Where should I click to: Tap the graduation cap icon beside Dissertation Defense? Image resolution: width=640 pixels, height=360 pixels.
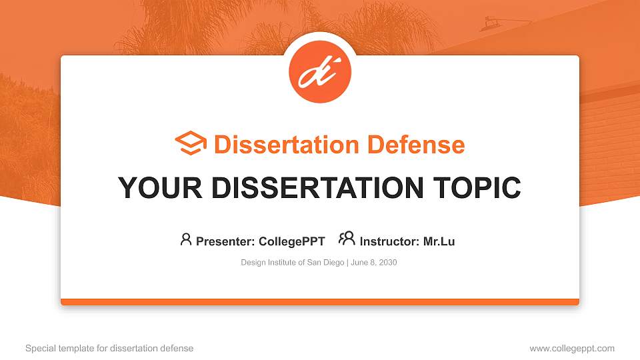coord(191,144)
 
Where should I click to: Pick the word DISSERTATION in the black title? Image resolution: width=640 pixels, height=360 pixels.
coord(307,188)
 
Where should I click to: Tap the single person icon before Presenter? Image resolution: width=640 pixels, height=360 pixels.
coord(186,239)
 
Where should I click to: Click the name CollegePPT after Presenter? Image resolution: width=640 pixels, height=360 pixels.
coord(292,241)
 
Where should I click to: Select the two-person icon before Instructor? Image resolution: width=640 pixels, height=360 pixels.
coord(347,239)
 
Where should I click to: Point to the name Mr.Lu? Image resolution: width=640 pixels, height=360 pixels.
coord(439,241)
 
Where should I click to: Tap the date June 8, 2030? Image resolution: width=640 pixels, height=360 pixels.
coord(373,263)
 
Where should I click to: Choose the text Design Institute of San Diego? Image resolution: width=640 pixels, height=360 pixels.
coord(292,263)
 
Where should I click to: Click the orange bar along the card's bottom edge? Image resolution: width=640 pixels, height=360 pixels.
coord(320,302)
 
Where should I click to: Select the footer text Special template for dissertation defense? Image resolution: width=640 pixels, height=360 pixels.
coord(109,348)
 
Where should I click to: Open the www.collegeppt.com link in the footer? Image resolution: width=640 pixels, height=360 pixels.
coord(572,348)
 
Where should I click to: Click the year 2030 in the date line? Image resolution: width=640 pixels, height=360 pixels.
coord(388,263)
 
